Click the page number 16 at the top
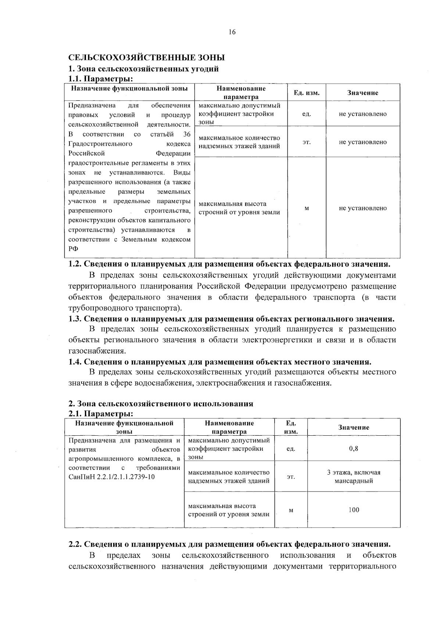tap(232, 32)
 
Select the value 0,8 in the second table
tap(354, 449)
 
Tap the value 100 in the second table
tap(354, 510)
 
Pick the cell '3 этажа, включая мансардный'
tap(354, 477)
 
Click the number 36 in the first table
tap(187, 134)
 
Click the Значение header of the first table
tap(363, 93)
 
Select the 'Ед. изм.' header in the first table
tap(306, 93)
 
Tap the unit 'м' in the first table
tap(306, 208)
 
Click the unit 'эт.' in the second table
tap(291, 477)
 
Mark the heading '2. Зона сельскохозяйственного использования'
tap(161, 404)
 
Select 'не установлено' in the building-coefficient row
tap(363, 114)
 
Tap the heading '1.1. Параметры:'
tap(100, 79)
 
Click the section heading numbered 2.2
tap(230, 544)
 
